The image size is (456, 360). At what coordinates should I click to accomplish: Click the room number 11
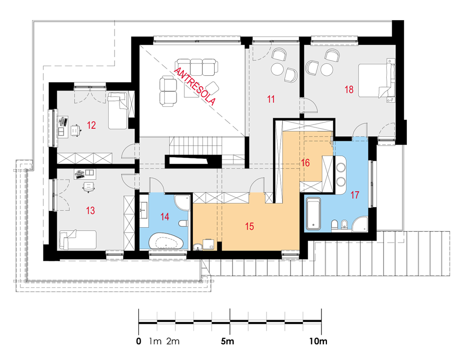pyautogui.click(x=271, y=99)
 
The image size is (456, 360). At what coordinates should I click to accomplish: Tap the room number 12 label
pyautogui.click(x=91, y=125)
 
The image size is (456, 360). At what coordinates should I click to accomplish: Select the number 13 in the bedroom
pyautogui.click(x=90, y=210)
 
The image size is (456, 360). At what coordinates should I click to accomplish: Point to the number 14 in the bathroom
pyautogui.click(x=165, y=217)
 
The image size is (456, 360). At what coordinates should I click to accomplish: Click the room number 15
pyautogui.click(x=249, y=226)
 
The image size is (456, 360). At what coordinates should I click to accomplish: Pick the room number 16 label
pyautogui.click(x=306, y=163)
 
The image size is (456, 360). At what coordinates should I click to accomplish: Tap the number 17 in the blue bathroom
pyautogui.click(x=355, y=195)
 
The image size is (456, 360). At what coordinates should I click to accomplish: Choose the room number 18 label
pyautogui.click(x=349, y=89)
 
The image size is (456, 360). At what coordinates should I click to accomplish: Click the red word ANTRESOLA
pyautogui.click(x=195, y=86)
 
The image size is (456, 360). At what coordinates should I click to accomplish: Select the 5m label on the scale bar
pyautogui.click(x=228, y=341)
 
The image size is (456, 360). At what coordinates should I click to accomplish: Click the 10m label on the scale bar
pyautogui.click(x=318, y=341)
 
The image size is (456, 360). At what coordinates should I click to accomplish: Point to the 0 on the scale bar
pyautogui.click(x=139, y=341)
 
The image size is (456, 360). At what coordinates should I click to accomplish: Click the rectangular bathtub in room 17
pyautogui.click(x=313, y=214)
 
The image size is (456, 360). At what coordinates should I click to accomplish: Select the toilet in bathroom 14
pyautogui.click(x=183, y=224)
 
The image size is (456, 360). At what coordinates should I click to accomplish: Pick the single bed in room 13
pyautogui.click(x=78, y=240)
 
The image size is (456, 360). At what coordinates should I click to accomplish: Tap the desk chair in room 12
pyautogui.click(x=76, y=130)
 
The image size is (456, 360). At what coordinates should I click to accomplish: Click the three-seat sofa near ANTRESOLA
pyautogui.click(x=196, y=67)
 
